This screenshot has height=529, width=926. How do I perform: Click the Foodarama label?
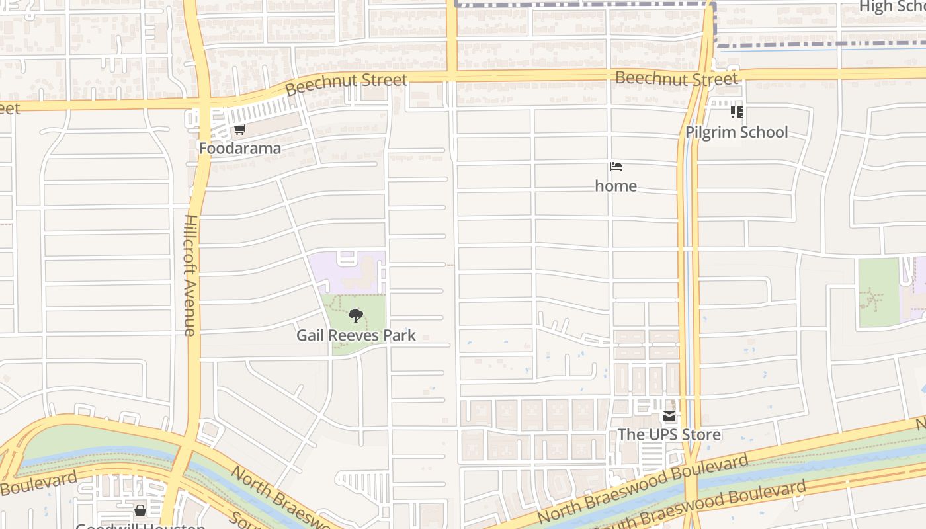pos(240,148)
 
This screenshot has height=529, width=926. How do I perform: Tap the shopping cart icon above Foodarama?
pos(239,129)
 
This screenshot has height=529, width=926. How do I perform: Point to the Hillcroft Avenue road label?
pos(190,274)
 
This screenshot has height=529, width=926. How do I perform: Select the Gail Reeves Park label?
pos(356,335)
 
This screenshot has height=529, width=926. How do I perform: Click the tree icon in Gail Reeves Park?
pos(356,316)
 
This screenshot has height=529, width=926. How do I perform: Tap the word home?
pos(616,186)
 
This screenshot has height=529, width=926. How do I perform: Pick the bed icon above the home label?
pos(616,167)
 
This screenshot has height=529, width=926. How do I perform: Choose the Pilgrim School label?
pos(736,132)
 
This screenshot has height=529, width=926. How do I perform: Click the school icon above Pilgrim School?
pos(736,112)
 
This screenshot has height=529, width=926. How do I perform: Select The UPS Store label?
pos(669,434)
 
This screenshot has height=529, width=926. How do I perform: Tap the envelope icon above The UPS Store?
pos(669,416)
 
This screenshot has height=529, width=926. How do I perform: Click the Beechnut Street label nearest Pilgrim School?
pos(676,79)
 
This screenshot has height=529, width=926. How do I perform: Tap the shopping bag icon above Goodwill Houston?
pos(140,510)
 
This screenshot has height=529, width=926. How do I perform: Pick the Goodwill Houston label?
pos(140,526)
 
